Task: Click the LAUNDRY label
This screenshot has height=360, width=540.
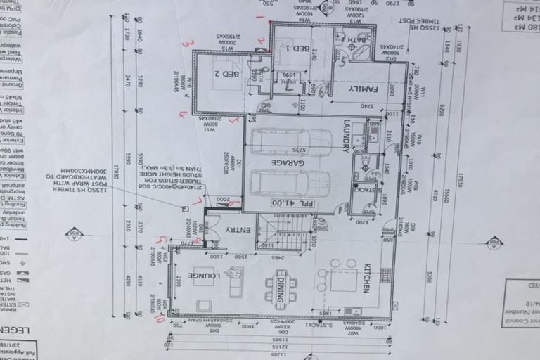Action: tap(345, 134)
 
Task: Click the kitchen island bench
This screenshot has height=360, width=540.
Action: tap(344, 280)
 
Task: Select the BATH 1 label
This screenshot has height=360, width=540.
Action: tap(352, 40)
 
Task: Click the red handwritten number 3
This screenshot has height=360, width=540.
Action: tap(187, 44)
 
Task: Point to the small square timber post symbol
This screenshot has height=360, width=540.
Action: tap(185, 208)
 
